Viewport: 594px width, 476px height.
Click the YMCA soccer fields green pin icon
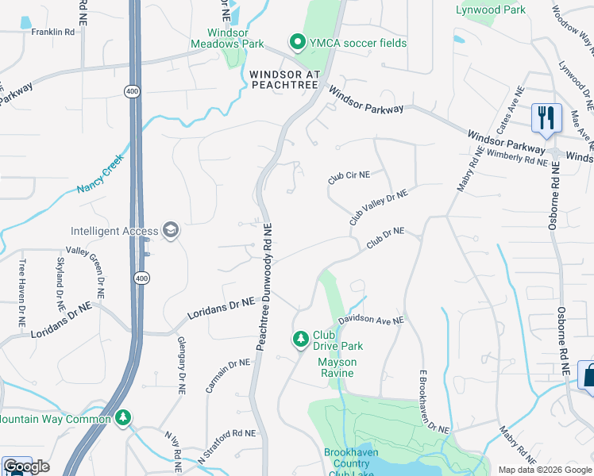coord(298,41)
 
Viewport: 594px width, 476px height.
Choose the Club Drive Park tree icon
coord(301,340)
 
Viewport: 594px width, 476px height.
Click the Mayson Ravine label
coord(337,363)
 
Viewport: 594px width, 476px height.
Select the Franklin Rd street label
coord(52,32)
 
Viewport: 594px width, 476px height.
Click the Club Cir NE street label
coord(349,178)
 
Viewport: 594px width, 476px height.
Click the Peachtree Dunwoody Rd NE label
coord(264,286)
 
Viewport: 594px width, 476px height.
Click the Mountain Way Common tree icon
coord(122,417)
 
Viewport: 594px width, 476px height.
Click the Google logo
coord(26,466)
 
